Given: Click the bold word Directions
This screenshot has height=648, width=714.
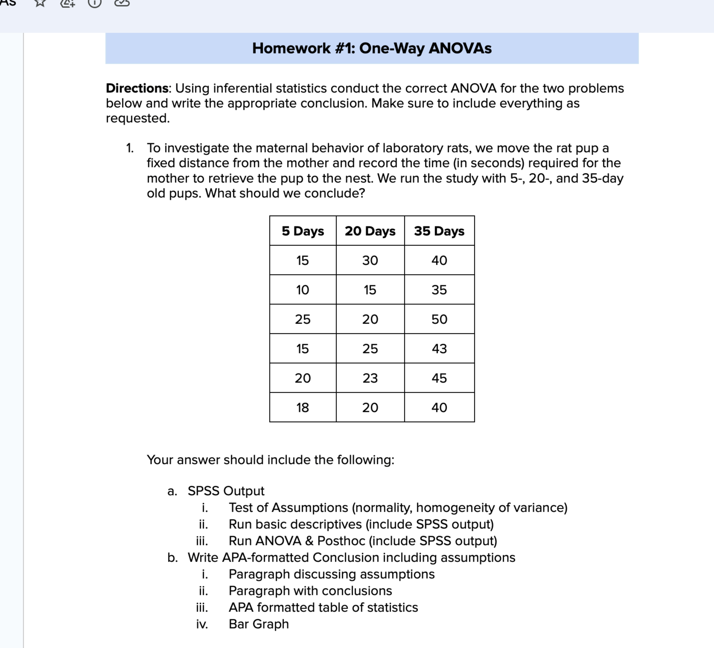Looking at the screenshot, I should (x=137, y=88).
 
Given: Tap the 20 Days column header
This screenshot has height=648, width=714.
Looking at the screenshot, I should (x=370, y=231).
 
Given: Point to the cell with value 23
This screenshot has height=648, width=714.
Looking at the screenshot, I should (x=370, y=378).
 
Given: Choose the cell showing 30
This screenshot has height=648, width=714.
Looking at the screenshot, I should (x=370, y=260).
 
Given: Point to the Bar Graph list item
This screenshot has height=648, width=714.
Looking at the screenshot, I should (x=259, y=624).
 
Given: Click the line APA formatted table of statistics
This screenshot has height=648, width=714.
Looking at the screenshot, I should (x=323, y=607).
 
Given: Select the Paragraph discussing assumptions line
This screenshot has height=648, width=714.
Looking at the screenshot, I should (x=332, y=574).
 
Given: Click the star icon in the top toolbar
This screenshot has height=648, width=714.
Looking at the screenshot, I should (x=40, y=3).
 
